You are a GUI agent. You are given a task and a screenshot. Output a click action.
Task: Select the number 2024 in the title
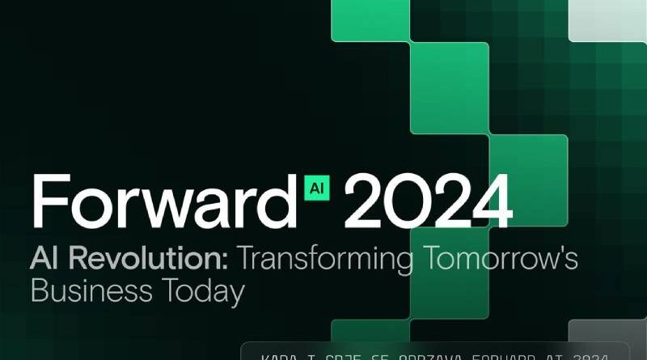(x=428, y=201)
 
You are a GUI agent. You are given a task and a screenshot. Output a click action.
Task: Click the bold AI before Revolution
(x=46, y=260)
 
